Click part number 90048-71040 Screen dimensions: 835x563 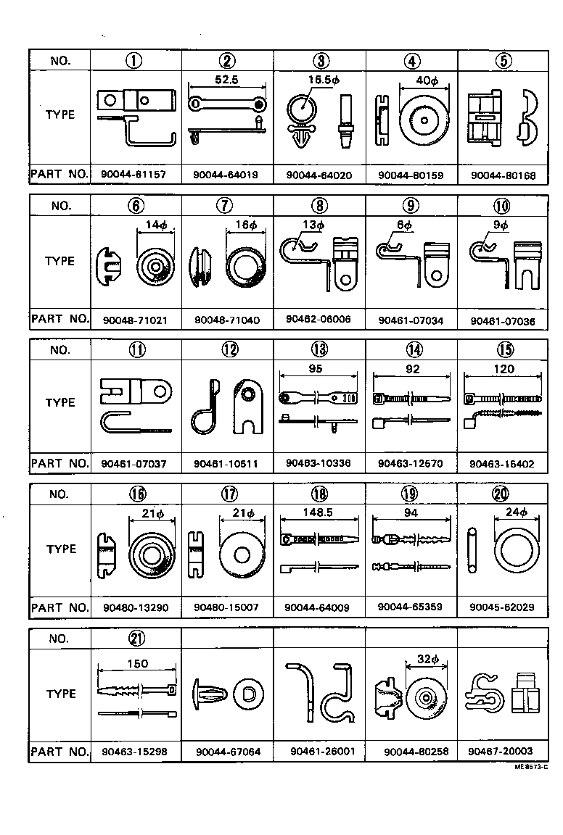[227, 320]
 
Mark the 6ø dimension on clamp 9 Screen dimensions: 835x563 [404, 225]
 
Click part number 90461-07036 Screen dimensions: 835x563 [504, 320]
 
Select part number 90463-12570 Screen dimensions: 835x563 [411, 463]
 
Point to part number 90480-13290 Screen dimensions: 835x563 [135, 608]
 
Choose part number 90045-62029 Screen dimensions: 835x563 [504, 608]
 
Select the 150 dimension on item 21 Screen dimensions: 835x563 [137, 663]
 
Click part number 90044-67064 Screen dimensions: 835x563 [228, 752]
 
